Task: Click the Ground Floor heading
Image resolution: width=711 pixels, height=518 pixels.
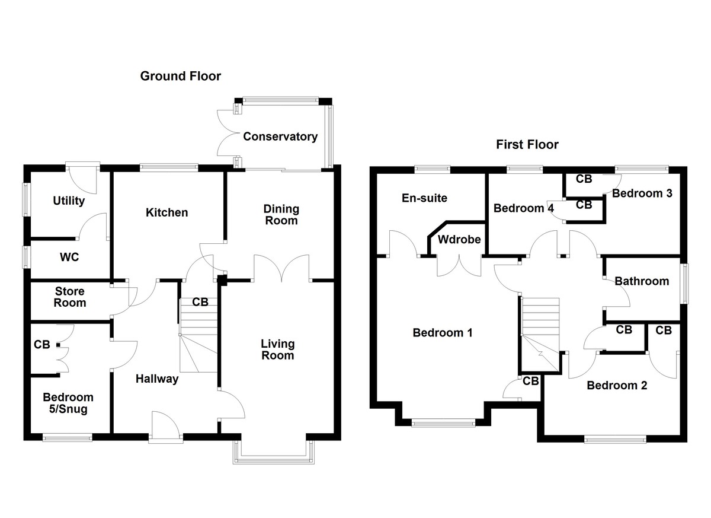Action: (180, 76)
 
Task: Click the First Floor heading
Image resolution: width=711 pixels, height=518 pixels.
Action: (527, 144)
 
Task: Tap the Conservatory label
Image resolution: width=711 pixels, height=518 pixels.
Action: (280, 136)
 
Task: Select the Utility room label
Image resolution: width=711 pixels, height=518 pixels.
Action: (69, 201)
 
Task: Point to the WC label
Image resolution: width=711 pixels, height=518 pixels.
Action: (69, 258)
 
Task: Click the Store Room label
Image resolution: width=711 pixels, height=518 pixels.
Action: (70, 297)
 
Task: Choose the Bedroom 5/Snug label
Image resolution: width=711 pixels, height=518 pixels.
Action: (68, 403)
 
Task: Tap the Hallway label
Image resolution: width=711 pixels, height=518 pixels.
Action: (156, 379)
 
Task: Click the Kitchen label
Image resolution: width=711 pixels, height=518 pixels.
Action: (167, 212)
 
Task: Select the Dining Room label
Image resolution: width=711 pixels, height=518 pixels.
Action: (281, 214)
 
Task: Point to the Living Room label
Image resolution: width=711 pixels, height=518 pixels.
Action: (277, 349)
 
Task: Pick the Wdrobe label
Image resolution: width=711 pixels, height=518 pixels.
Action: (454, 240)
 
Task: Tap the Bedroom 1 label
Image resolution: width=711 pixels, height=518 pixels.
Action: (442, 332)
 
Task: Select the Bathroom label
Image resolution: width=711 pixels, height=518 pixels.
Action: (642, 281)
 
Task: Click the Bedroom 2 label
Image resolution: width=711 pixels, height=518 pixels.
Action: (617, 385)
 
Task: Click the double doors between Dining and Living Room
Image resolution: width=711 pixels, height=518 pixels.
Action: (281, 268)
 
